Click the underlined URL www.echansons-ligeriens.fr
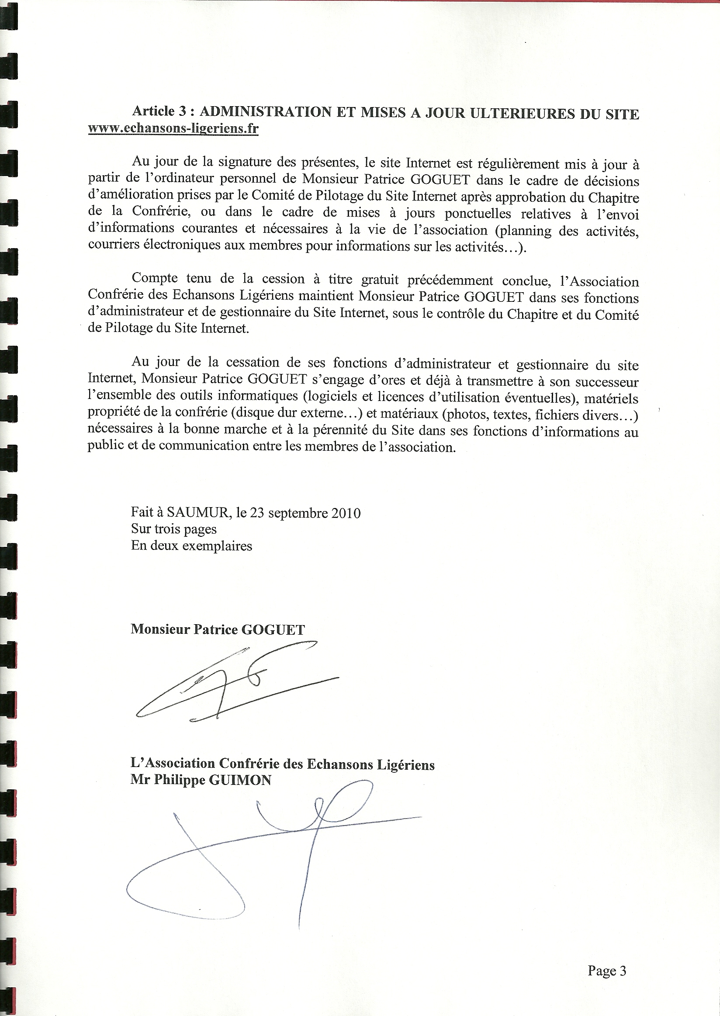(173, 128)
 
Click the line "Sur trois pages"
(174, 529)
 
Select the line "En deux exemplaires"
(191, 546)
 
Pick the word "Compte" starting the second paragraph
(154, 278)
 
